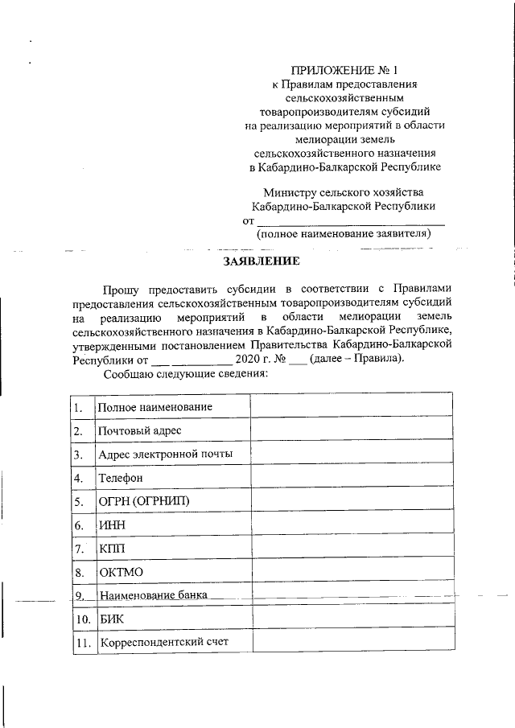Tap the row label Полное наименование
click(154, 407)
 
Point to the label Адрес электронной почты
click(166, 454)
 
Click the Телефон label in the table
click(121, 478)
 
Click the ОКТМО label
click(120, 573)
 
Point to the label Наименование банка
click(153, 596)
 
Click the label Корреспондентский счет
click(163, 643)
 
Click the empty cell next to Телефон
click(351, 478)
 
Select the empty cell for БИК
click(351, 619)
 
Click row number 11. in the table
click(80, 643)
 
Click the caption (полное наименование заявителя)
click(344, 234)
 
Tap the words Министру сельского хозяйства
click(344, 192)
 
